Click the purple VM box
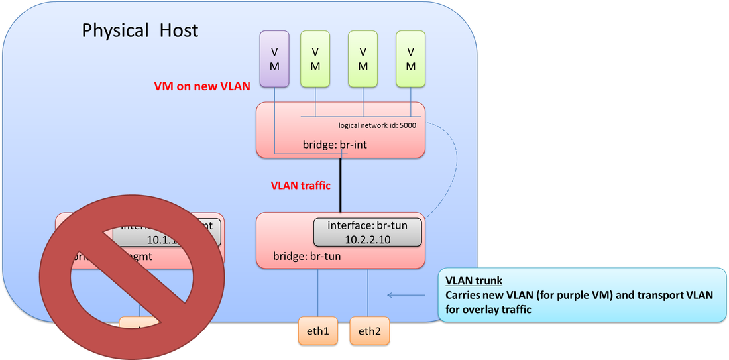pyautogui.click(x=274, y=59)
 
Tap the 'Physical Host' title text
pyautogui.click(x=140, y=30)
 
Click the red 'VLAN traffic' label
pyautogui.click(x=300, y=186)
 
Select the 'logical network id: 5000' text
pyautogui.click(x=377, y=125)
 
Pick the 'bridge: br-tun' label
pyautogui.click(x=307, y=255)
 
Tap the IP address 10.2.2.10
pyautogui.click(x=368, y=238)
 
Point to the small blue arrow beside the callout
pyautogui.click(x=406, y=295)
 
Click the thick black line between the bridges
pyautogui.click(x=341, y=186)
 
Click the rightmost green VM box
pyautogui.click(x=411, y=59)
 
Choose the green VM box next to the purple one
pyautogui.click(x=315, y=59)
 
